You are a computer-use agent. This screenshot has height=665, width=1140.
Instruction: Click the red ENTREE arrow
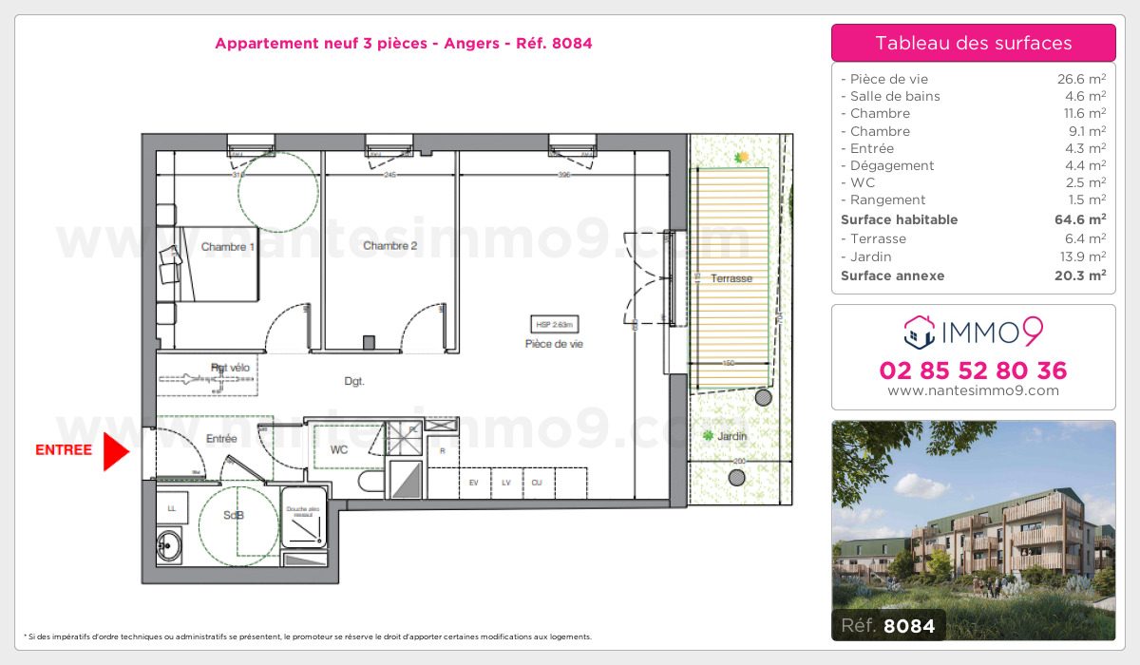(115, 451)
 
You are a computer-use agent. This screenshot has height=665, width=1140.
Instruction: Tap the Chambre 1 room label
(227, 247)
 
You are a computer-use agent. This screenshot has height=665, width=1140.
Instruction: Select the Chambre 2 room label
(389, 246)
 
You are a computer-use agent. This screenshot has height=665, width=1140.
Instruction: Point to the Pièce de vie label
(554, 344)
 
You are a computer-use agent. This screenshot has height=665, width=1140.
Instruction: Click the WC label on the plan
(339, 449)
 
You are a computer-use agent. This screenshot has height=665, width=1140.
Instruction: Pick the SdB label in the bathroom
(233, 515)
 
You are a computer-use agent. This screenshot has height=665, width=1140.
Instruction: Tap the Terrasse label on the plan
(731, 278)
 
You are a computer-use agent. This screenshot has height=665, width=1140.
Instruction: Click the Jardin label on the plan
(731, 436)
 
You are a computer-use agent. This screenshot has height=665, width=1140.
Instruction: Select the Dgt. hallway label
(354, 382)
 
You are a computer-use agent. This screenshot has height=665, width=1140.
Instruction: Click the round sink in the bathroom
(170, 545)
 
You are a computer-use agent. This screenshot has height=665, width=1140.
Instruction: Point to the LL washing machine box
(172, 509)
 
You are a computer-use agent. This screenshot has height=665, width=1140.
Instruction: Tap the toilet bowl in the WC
(371, 484)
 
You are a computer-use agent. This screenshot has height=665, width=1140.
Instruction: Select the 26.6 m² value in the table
(1081, 79)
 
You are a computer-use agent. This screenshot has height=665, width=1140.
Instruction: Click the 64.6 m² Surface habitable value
(1081, 219)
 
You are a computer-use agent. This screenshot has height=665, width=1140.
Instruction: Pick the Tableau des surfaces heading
(973, 43)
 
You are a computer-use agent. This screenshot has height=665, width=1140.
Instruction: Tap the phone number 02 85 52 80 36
(973, 370)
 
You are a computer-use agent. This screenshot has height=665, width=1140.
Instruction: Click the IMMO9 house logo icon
(920, 332)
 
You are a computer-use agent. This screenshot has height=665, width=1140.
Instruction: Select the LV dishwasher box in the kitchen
(506, 483)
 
